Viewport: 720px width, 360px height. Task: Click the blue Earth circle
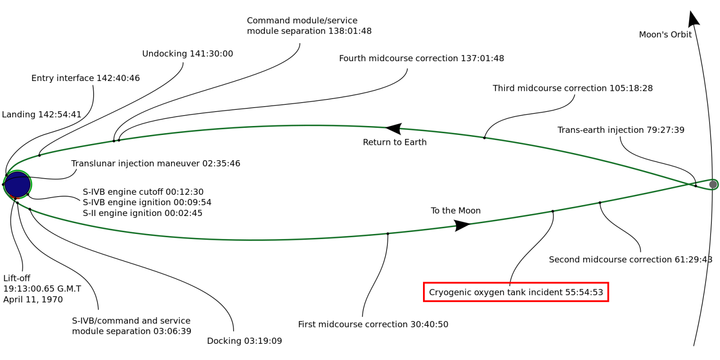coord(17,184)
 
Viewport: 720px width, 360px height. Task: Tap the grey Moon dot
coord(713,184)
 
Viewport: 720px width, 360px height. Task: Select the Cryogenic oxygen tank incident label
coord(516,292)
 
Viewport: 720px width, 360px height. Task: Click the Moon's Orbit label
coord(665,35)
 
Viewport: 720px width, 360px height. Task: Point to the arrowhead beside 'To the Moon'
coord(462,225)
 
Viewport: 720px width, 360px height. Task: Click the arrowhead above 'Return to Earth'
coord(394,129)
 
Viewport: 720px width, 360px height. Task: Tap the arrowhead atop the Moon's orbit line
coord(693,19)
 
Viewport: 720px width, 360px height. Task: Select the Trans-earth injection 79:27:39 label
coord(621,130)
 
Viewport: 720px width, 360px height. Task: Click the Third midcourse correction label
coord(572,88)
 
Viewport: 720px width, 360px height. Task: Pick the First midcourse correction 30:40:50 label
coord(373,324)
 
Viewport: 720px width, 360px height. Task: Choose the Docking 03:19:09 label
coord(244,341)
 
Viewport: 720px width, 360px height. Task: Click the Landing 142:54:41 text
coord(41,115)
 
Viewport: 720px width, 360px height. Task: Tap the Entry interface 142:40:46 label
coord(85,78)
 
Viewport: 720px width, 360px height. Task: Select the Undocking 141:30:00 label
coord(188,54)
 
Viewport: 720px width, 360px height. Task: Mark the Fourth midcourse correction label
coord(421,58)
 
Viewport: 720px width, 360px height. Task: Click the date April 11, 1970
coord(33,300)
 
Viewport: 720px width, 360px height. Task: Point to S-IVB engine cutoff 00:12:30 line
coord(143,192)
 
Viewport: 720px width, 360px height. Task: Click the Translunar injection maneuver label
coord(156,163)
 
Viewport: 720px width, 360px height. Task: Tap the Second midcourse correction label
coord(630,260)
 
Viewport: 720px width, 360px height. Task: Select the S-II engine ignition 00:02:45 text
coord(143,213)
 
